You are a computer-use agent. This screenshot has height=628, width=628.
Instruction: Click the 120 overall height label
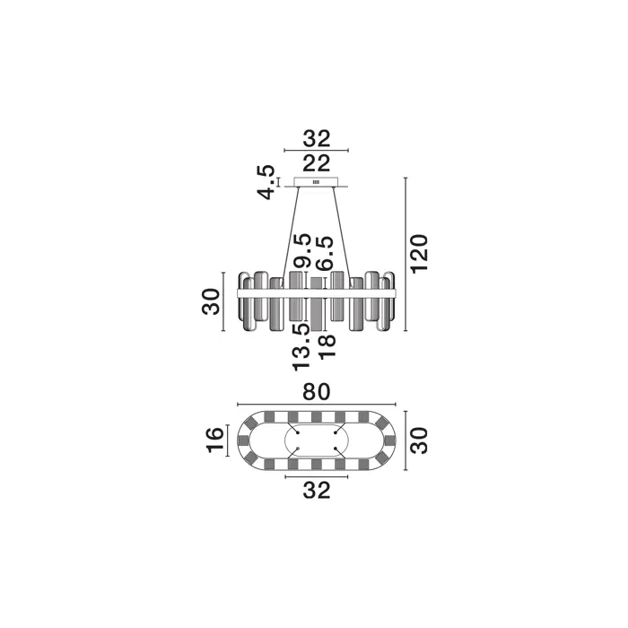point(420,254)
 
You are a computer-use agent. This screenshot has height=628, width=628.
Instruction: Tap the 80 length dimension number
point(317,392)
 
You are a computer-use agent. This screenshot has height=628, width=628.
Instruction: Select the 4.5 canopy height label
point(266,182)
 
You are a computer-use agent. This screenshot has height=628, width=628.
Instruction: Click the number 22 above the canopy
point(317,163)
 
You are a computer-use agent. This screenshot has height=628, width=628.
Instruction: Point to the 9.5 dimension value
point(302,250)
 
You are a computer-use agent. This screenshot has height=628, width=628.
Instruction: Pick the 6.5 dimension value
point(325,253)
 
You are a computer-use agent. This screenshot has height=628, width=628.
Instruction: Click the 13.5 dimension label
point(301,347)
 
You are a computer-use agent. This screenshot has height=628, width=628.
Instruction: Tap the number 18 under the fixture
point(326,346)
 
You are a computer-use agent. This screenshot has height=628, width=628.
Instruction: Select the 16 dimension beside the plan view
point(215,440)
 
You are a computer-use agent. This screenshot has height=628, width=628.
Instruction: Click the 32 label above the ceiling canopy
point(317,138)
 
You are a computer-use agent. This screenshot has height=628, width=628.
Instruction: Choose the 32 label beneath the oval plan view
point(317,490)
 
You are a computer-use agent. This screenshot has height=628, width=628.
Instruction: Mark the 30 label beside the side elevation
point(211,301)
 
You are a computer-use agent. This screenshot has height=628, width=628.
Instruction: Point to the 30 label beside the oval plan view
point(420,440)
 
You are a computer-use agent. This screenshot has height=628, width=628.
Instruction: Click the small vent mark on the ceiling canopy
point(317,182)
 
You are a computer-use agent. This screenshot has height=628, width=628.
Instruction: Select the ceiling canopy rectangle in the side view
point(317,182)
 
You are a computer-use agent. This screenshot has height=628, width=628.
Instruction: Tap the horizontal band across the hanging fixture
point(317,293)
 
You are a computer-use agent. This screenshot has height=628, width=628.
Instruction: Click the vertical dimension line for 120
point(406,254)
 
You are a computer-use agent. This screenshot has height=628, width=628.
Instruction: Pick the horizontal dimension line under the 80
point(317,405)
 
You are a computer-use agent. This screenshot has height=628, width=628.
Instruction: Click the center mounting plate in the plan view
point(317,440)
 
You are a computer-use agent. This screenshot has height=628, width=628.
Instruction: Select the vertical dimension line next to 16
point(228,440)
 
